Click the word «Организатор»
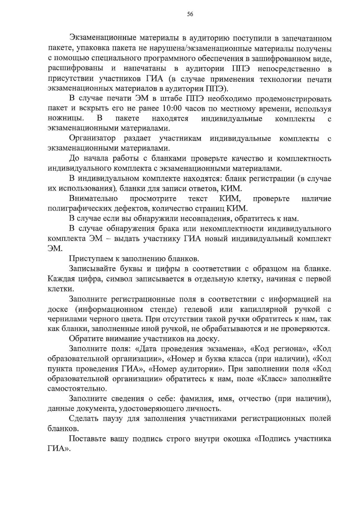[92, 138]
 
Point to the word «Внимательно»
[93, 198]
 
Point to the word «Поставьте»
[87, 439]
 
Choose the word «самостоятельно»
[77, 389]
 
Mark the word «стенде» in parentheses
[162, 309]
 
